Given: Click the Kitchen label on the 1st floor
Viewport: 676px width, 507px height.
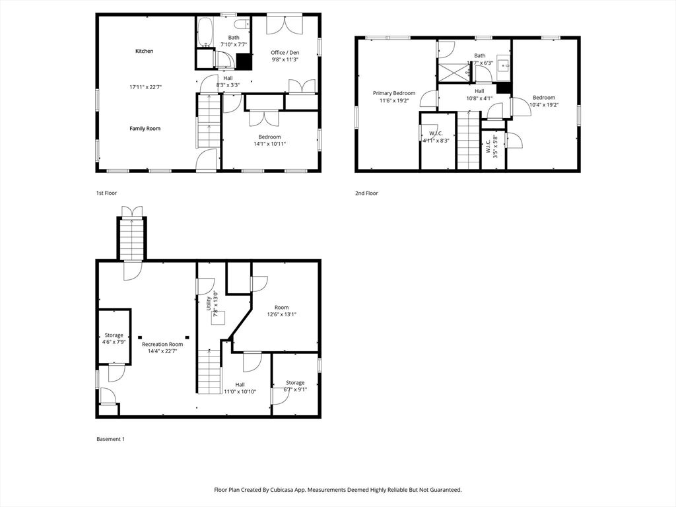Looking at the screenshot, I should tap(144, 51).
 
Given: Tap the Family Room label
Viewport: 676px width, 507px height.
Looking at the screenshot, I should tap(145, 128).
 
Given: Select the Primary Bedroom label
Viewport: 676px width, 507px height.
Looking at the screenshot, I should tap(394, 93).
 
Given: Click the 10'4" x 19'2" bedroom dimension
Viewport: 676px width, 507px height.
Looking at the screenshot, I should tap(544, 104).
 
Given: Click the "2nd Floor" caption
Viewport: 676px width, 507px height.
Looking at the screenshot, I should tap(366, 193).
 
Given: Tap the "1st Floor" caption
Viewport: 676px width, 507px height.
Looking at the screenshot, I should tap(106, 193).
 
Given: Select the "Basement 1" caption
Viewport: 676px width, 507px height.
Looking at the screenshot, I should tap(110, 438).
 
